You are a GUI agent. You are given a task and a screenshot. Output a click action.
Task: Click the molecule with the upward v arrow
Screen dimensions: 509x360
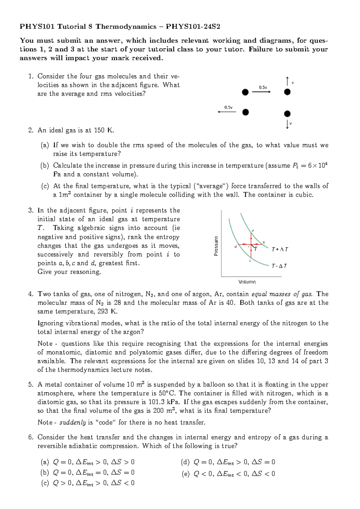(x=287, y=92)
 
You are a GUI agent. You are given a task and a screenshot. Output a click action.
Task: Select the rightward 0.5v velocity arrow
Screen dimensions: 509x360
(x=261, y=92)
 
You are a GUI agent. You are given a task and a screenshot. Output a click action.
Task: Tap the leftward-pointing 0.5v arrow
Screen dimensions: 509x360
(x=227, y=112)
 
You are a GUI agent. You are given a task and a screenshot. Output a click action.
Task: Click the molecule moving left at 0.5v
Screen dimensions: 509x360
(x=245, y=112)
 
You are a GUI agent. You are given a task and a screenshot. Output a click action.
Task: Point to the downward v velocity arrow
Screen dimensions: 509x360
(x=287, y=124)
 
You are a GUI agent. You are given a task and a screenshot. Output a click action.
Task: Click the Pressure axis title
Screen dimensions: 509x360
(x=216, y=246)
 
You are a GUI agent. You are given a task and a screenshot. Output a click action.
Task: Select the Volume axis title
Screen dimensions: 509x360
(x=247, y=282)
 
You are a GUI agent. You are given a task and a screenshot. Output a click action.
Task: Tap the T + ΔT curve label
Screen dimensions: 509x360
(x=280, y=249)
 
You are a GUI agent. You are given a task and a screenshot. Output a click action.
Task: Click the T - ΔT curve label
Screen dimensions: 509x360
(x=279, y=266)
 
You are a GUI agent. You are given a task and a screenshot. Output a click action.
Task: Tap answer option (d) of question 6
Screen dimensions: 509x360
(x=228, y=462)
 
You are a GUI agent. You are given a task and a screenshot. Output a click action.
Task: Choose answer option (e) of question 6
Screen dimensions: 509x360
(x=228, y=474)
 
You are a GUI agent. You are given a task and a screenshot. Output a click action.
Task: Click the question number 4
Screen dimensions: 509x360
(x=31, y=294)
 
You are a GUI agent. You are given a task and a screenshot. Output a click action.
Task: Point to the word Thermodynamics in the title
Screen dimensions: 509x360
(x=126, y=27)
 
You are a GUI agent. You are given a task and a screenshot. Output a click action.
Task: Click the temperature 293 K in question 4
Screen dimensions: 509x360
(x=107, y=312)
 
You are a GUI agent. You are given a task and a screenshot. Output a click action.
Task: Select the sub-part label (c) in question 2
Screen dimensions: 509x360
(x=45, y=186)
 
